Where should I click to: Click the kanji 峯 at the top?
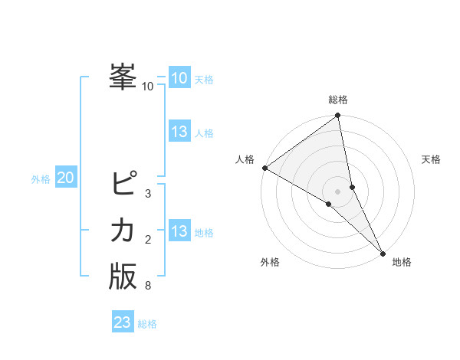point(123,77)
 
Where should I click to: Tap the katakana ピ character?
point(123,184)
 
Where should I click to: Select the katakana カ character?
point(123,230)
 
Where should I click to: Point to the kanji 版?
point(123,277)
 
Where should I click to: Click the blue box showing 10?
point(179,78)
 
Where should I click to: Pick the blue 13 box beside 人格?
point(179,132)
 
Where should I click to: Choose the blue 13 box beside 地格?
point(179,231)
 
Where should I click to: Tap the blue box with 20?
point(65,178)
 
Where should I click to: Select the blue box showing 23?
point(122,322)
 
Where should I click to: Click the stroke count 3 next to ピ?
point(148,193)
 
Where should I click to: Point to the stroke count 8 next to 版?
point(148,286)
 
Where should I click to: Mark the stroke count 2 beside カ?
point(148,240)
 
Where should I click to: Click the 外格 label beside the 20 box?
point(41,179)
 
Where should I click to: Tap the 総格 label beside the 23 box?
point(147,324)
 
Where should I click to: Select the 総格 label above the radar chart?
point(338,100)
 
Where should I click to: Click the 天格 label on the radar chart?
point(431,159)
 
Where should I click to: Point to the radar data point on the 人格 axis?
point(264,168)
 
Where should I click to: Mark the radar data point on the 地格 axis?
point(382,252)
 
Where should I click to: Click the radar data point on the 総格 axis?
point(338,116)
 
